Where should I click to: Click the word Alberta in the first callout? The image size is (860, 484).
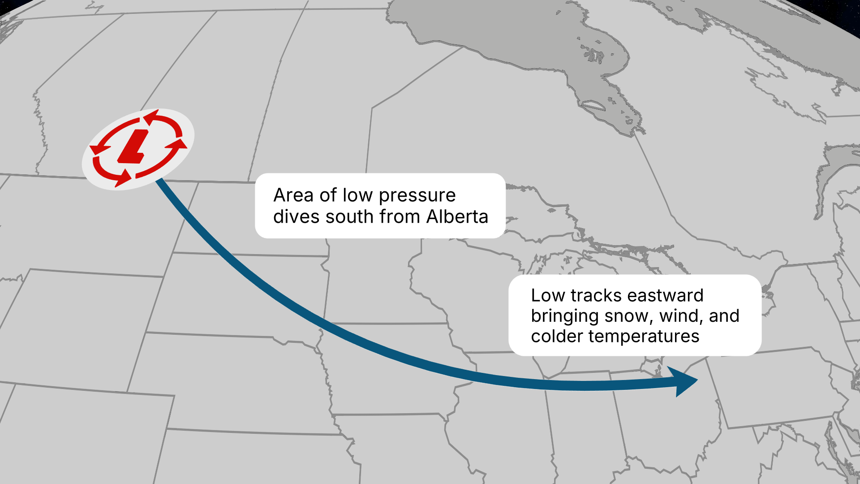pyautogui.click(x=457, y=217)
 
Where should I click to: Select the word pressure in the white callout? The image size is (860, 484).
pyautogui.click(x=417, y=195)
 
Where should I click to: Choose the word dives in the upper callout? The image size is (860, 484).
pyautogui.click(x=296, y=217)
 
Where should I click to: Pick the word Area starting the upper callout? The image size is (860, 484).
pyautogui.click(x=293, y=195)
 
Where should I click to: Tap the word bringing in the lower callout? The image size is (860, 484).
pyautogui.click(x=565, y=316)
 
